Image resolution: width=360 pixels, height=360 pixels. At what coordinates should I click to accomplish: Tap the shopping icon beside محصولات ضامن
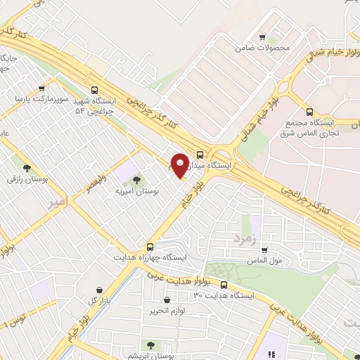pos(262,37)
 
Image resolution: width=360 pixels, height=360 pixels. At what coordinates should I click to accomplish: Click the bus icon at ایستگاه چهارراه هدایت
pos(150,247)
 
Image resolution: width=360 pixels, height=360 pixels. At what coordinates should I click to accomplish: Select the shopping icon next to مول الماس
pos(264,250)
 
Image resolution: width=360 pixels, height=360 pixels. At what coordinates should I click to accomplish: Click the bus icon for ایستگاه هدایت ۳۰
pos(224,285)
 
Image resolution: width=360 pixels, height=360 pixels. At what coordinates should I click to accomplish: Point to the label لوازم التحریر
pos(167,310)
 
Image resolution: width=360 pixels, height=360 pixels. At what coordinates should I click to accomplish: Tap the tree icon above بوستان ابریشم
pos(150,345)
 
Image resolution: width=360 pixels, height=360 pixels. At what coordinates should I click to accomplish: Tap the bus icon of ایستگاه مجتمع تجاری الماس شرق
pos(309,111)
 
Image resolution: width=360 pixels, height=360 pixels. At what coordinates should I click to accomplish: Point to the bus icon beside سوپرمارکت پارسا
pos(43,89)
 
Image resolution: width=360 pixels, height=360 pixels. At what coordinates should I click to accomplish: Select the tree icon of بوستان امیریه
pos(136,180)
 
